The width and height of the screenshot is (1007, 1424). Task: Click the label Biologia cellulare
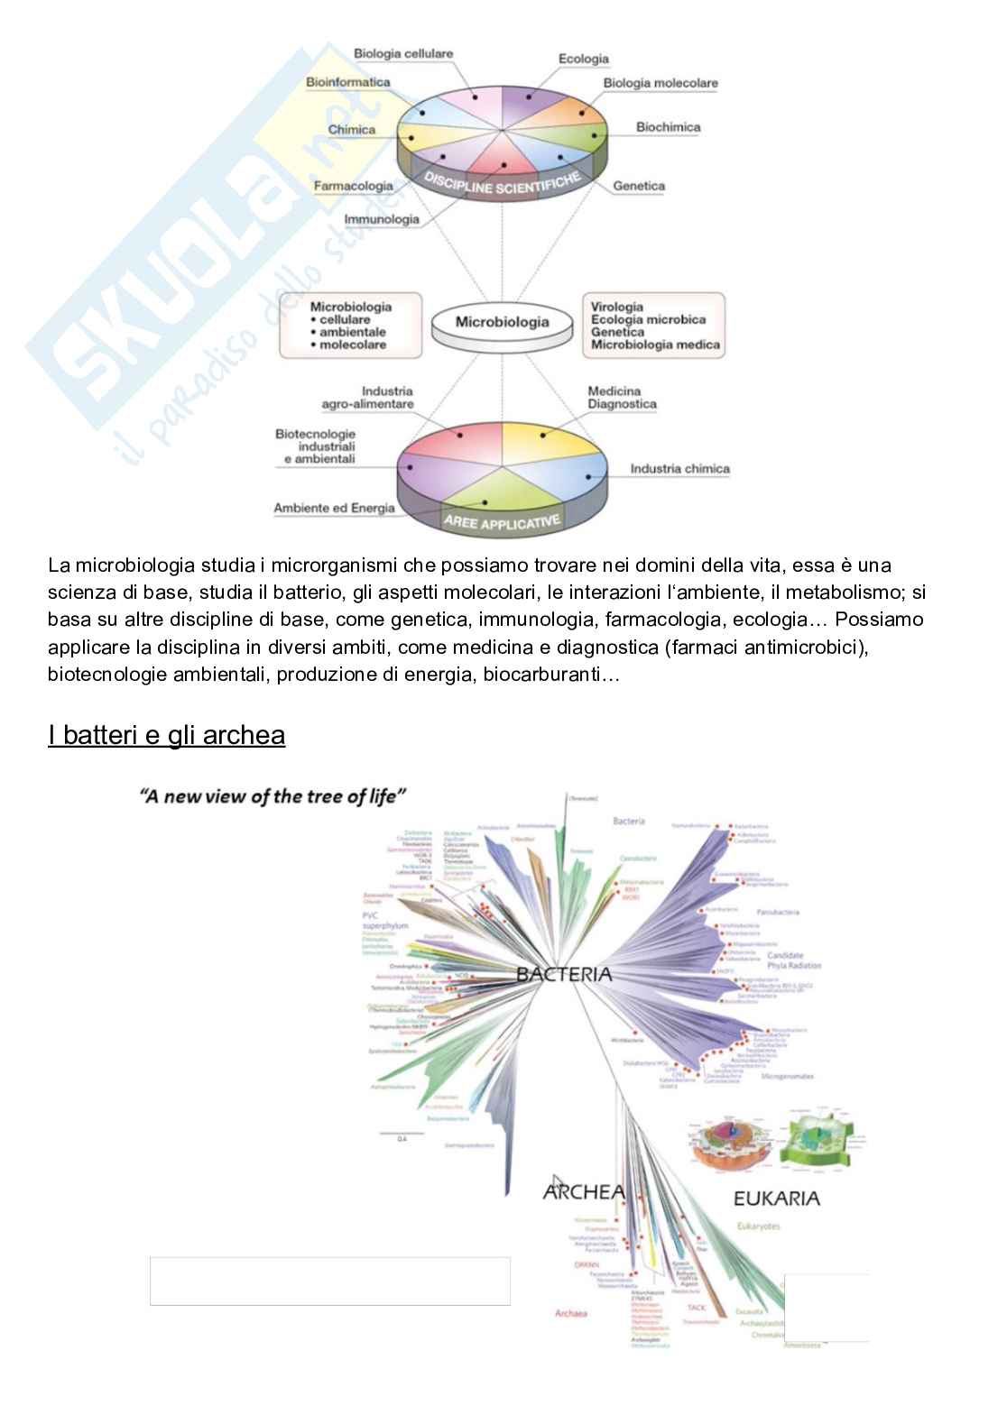point(402,53)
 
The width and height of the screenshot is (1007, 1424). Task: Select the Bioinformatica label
point(348,82)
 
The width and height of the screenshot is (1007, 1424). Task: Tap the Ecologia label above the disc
point(583,60)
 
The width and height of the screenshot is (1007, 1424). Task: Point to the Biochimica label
point(668,127)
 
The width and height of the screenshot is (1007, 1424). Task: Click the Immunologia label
point(382,219)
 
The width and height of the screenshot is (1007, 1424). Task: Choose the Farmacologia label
point(353,186)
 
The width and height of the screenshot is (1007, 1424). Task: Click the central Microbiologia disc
point(502,322)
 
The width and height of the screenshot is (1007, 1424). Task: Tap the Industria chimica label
point(679,469)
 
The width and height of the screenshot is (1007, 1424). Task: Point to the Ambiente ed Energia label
point(334,508)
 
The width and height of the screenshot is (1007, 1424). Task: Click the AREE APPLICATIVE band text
point(502,521)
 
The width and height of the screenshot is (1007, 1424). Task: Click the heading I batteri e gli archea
point(167,735)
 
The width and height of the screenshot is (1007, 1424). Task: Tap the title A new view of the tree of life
point(273,795)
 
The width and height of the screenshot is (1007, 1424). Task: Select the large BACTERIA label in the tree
point(564,974)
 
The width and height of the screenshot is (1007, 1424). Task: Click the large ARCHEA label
point(584,1192)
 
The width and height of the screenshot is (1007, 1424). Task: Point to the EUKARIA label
point(776,1199)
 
